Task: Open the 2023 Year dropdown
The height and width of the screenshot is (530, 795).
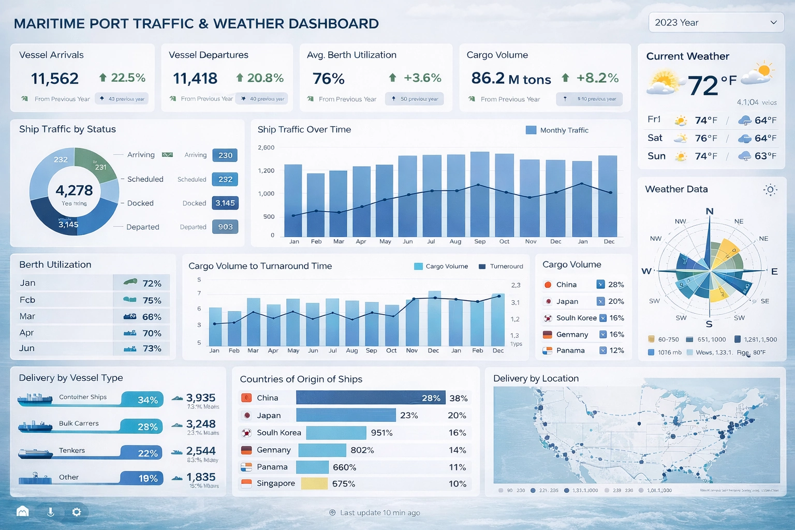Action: pyautogui.click(x=716, y=23)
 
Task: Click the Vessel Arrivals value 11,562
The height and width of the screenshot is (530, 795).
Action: pyautogui.click(x=55, y=79)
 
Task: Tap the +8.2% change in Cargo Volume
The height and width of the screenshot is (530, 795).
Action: pyautogui.click(x=597, y=78)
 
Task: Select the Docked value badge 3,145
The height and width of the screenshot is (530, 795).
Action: pyautogui.click(x=225, y=203)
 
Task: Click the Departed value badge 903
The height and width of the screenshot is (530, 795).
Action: pyautogui.click(x=225, y=227)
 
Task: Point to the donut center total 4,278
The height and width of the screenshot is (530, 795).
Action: pyautogui.click(x=74, y=190)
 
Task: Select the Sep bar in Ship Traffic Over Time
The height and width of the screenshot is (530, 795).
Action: pyautogui.click(x=480, y=194)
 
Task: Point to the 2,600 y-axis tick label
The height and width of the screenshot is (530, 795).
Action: pyautogui.click(x=266, y=148)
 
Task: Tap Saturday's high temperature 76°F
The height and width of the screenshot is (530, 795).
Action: pyautogui.click(x=706, y=138)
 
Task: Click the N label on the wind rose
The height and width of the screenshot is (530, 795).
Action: pyautogui.click(x=710, y=211)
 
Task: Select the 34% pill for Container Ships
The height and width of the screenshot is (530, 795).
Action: pyautogui.click(x=143, y=400)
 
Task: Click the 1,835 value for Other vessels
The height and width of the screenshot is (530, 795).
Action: pyautogui.click(x=201, y=477)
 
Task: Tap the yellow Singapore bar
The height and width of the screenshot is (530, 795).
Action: pyautogui.click(x=314, y=483)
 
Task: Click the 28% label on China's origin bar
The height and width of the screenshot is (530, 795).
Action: pyautogui.click(x=431, y=398)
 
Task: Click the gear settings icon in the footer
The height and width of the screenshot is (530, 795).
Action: pyautogui.click(x=77, y=512)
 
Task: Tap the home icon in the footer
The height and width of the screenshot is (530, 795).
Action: pyautogui.click(x=22, y=512)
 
